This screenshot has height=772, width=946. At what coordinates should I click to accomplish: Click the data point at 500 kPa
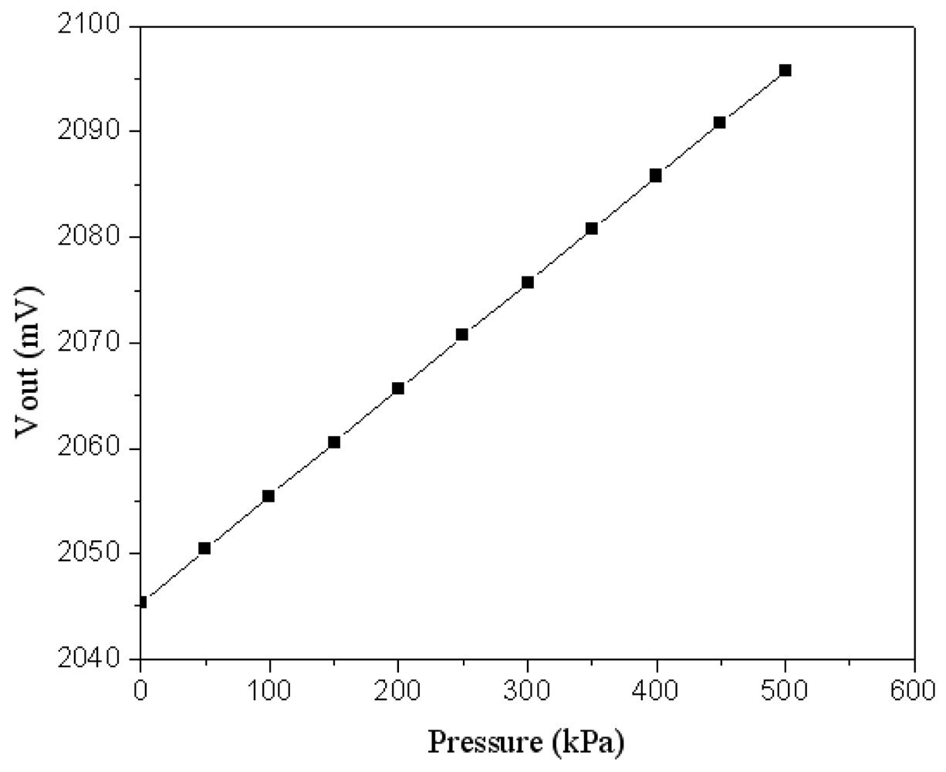tap(785, 70)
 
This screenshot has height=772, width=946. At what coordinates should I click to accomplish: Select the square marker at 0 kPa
tap(140, 601)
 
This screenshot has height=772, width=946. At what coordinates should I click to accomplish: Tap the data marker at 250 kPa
tap(462, 334)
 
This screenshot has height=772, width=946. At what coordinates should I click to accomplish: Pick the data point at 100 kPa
tap(269, 496)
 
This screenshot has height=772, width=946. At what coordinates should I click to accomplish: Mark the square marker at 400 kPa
tap(656, 175)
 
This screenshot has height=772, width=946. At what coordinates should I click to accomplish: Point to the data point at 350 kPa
tap(592, 229)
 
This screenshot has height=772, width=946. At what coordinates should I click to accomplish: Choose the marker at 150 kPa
tap(334, 442)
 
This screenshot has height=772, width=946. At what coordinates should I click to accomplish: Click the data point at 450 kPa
tap(720, 122)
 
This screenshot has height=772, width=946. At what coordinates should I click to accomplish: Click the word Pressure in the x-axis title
tap(485, 743)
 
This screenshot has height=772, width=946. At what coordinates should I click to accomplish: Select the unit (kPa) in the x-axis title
tap(588, 743)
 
